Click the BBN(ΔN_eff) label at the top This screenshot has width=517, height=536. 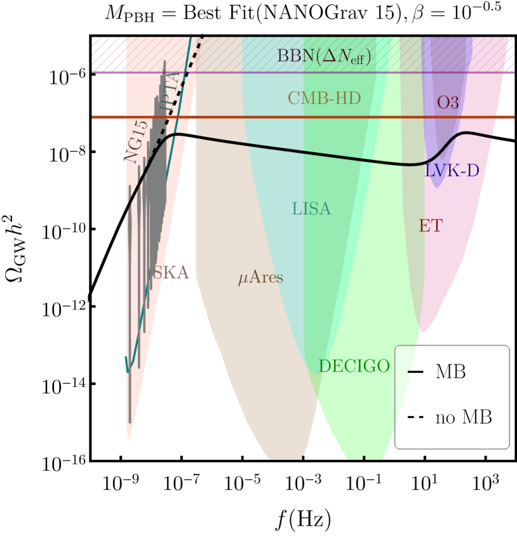pos(324,56)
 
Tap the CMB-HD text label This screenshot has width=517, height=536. pos(324,98)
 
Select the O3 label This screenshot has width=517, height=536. pos(448,103)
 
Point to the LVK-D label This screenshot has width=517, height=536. pos(452,171)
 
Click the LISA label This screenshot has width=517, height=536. pos(311,209)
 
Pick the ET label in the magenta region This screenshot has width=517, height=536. pos(430,226)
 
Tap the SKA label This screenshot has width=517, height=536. pos(171,273)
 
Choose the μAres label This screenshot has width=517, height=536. pos(260,278)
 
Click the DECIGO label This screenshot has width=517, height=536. pos(354,367)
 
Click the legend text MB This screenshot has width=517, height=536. pos(450,372)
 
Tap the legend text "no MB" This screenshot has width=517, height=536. pos(463,417)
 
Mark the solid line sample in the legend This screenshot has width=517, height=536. pos(415,372)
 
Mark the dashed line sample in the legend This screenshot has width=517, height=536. pos(415,417)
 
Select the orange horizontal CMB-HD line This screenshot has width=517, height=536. pos(254,117)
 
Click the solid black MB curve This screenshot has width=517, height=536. pos(286,150)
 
